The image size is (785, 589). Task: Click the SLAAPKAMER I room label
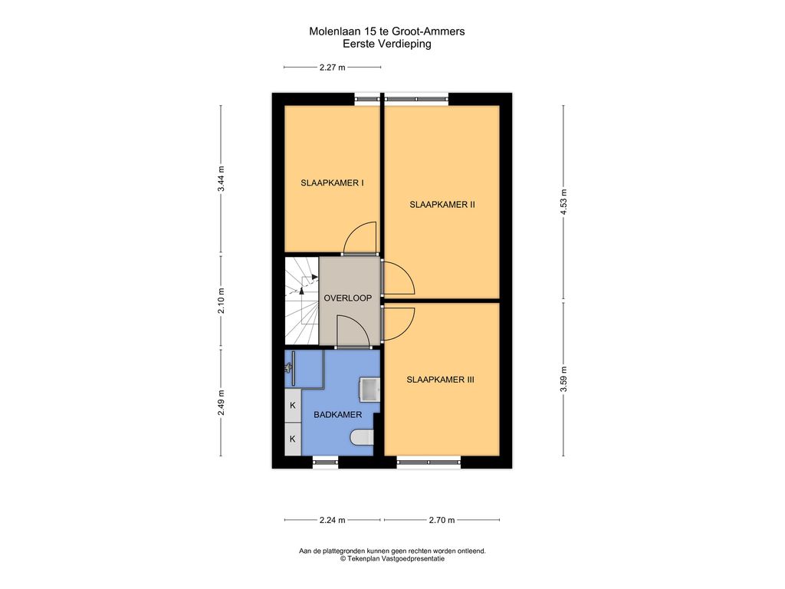pyautogui.click(x=332, y=183)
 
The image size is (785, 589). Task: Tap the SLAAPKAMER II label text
pyautogui.click(x=442, y=204)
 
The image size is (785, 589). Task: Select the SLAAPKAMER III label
pyautogui.click(x=441, y=379)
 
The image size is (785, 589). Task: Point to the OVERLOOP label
pyautogui.click(x=347, y=298)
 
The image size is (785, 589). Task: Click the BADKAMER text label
pyautogui.click(x=337, y=414)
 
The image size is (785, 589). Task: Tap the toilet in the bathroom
pyautogui.click(x=361, y=437)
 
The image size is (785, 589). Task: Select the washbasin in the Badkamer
pyautogui.click(x=370, y=388)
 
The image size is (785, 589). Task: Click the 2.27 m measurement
pyautogui.click(x=332, y=67)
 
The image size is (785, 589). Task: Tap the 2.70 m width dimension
pyautogui.click(x=442, y=520)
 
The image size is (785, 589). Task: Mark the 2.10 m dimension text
pyautogui.click(x=221, y=301)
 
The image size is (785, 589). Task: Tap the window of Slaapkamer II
pyautogui.click(x=416, y=98)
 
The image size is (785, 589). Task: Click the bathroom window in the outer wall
pyautogui.click(x=325, y=462)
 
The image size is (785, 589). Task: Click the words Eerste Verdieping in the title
pyautogui.click(x=386, y=44)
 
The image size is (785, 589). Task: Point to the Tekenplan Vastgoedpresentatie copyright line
pyautogui.click(x=392, y=558)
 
